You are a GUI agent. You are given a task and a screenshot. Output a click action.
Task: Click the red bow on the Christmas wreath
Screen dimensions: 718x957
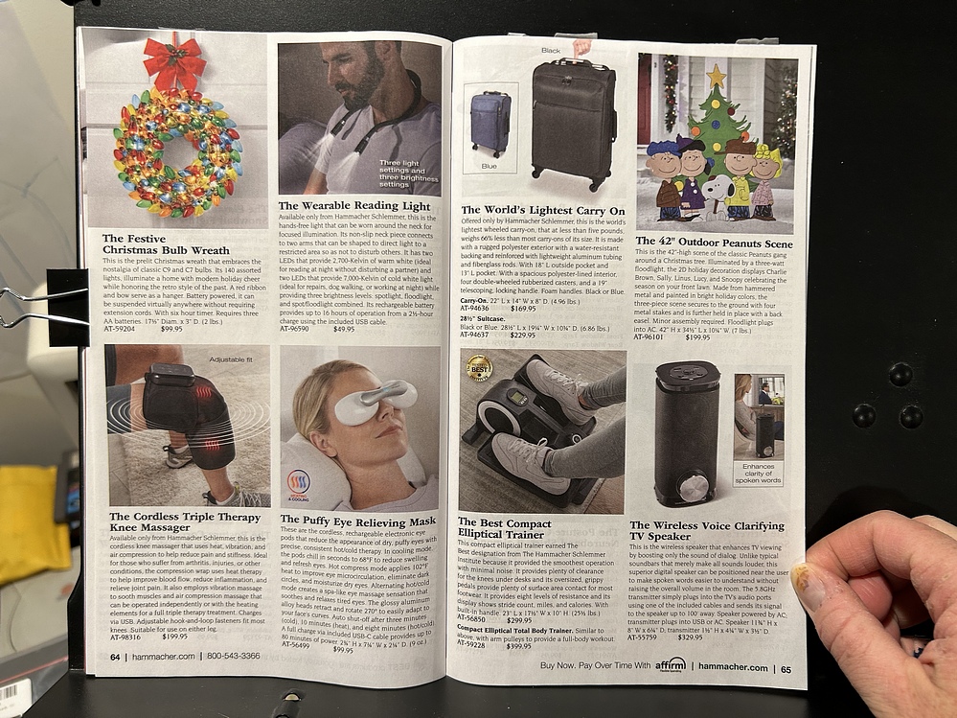pyautogui.click(x=174, y=63)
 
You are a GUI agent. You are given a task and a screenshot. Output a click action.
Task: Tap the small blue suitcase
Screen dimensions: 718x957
pyautogui.click(x=490, y=123)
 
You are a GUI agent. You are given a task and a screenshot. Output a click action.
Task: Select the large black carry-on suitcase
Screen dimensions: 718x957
pyautogui.click(x=574, y=122)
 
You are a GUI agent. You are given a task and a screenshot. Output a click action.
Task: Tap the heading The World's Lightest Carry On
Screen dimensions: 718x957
pyautogui.click(x=542, y=210)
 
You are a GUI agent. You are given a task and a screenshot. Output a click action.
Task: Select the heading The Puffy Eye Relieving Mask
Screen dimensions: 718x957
pyautogui.click(x=357, y=521)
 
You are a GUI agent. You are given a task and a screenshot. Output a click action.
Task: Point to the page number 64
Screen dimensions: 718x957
pyautogui.click(x=115, y=657)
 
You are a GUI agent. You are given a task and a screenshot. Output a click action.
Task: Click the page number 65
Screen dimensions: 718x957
pyautogui.click(x=786, y=669)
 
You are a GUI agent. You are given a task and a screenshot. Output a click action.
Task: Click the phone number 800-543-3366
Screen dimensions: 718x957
pyautogui.click(x=233, y=657)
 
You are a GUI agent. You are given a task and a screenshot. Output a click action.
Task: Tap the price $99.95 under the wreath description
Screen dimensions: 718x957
pyautogui.click(x=171, y=329)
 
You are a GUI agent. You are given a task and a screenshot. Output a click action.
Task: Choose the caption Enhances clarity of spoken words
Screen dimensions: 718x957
pyautogui.click(x=758, y=474)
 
